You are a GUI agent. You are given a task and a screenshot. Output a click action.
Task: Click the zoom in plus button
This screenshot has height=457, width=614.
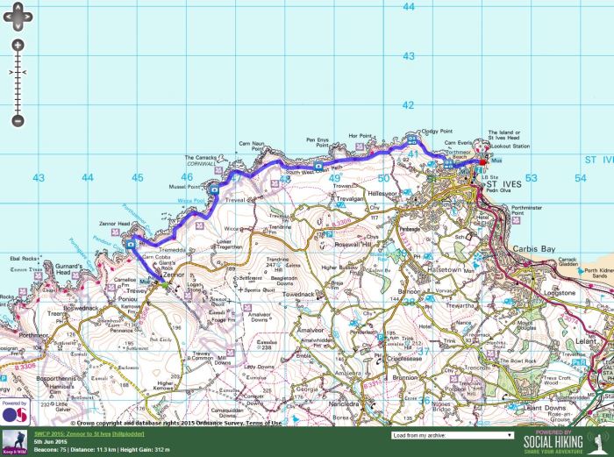pos(18,45)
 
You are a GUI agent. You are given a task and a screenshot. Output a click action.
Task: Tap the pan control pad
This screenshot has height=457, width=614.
pos(18,15)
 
